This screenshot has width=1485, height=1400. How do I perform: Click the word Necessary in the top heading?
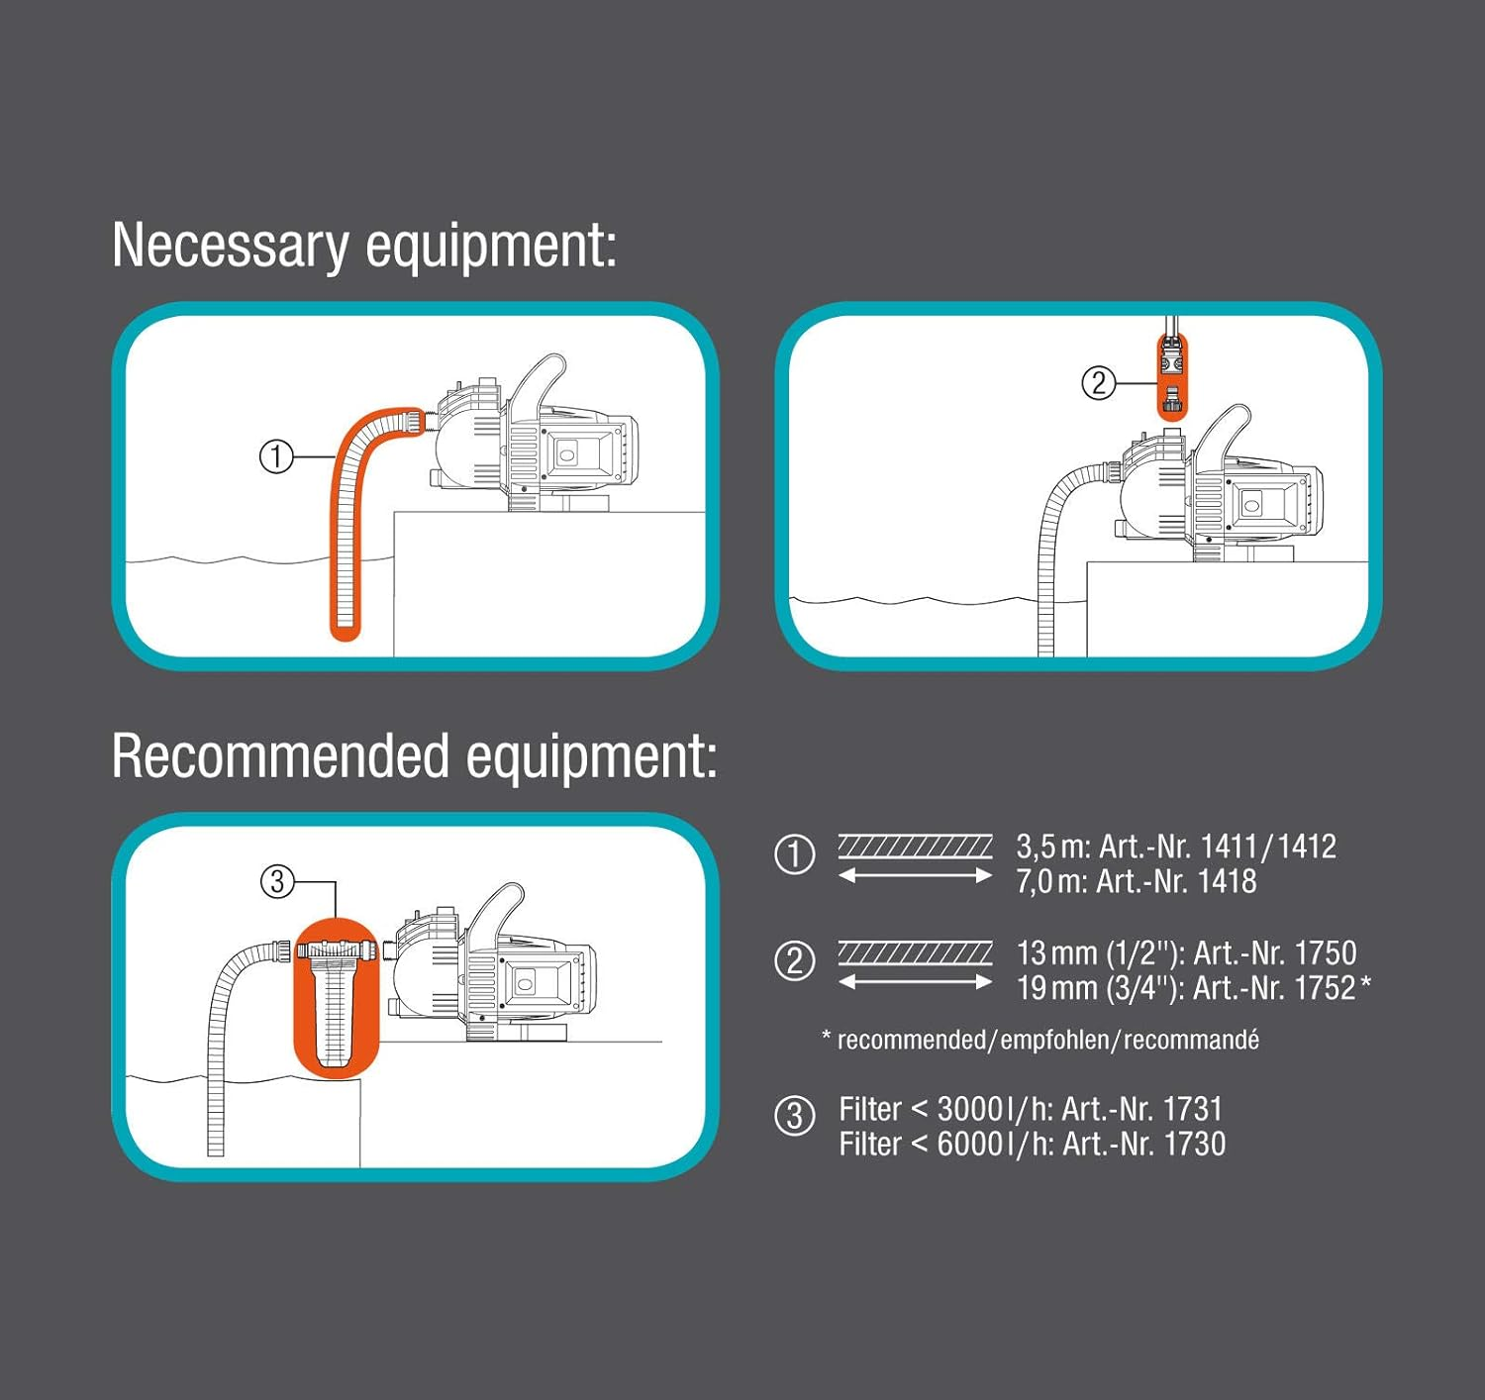(x=230, y=246)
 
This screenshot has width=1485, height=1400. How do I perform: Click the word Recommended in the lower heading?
(x=280, y=757)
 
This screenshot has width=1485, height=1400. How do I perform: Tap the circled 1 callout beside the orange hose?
(x=276, y=456)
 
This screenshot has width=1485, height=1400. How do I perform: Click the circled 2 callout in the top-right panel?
(x=1098, y=382)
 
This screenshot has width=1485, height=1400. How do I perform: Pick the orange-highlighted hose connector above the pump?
(x=1172, y=377)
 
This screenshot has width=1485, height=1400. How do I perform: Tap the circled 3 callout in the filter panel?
(x=277, y=880)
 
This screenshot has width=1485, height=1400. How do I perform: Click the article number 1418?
(x=1227, y=881)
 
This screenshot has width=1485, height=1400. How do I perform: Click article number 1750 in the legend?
(x=1326, y=952)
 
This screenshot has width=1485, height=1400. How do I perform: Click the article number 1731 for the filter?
(x=1192, y=1109)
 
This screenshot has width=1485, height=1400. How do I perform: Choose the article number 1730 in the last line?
(x=1194, y=1145)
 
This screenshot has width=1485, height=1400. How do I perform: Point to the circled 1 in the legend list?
(x=794, y=854)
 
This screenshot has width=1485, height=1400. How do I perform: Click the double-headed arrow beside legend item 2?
(x=915, y=982)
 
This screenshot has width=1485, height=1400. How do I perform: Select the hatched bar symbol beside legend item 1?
(x=915, y=846)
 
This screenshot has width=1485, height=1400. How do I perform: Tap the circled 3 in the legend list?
(x=794, y=1116)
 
